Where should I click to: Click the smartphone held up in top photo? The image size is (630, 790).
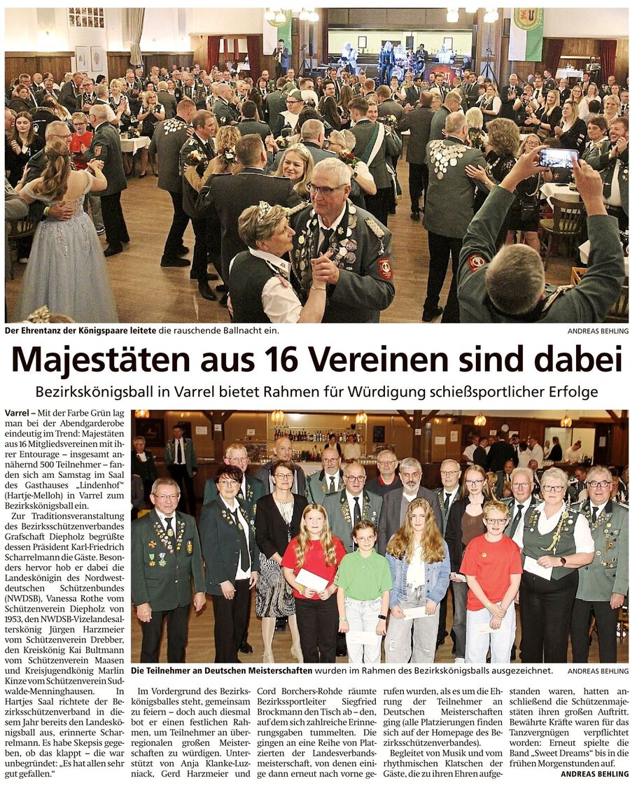pyautogui.click(x=558, y=158)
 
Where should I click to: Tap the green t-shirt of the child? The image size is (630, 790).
pyautogui.click(x=364, y=575)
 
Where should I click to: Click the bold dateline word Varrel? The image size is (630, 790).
pyautogui.click(x=17, y=415)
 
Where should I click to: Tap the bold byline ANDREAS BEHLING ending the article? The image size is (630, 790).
pyautogui.click(x=594, y=774)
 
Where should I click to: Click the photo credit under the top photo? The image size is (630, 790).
pyautogui.click(x=598, y=331)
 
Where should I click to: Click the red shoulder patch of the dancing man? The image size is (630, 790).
pyautogui.click(x=385, y=268)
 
